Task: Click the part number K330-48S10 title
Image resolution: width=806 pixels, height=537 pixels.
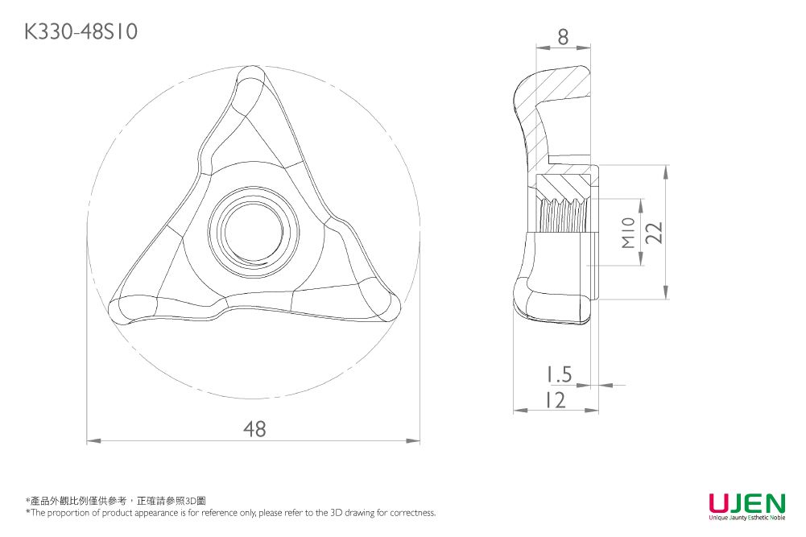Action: click(x=81, y=31)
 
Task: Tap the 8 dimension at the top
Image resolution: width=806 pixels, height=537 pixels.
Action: click(x=562, y=36)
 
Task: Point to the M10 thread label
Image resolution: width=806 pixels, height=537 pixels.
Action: click(x=630, y=232)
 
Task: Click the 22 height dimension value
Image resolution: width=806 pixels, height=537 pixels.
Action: click(x=654, y=232)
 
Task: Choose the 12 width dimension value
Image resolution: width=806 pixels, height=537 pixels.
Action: click(x=553, y=399)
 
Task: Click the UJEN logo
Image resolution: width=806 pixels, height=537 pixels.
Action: click(x=746, y=504)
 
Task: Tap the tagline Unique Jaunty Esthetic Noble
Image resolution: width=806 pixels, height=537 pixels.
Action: click(x=746, y=518)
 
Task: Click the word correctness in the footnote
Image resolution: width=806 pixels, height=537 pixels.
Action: click(x=412, y=513)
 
